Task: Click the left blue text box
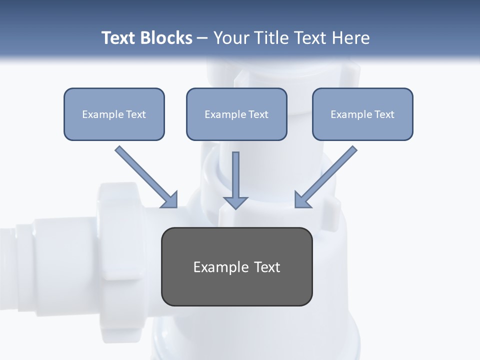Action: pyautogui.click(x=114, y=114)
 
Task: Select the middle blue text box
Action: pyautogui.click(x=236, y=114)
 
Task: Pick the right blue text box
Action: pyautogui.click(x=362, y=114)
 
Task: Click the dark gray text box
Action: pyautogui.click(x=236, y=266)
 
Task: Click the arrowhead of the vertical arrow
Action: pyautogui.click(x=235, y=202)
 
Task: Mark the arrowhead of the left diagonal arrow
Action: pyautogui.click(x=170, y=200)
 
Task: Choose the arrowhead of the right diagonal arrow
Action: pyautogui.click(x=302, y=200)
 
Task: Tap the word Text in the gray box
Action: pyautogui.click(x=267, y=267)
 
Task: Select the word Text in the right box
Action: pyautogui.click(x=384, y=114)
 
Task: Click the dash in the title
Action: pyautogui.click(x=202, y=38)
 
